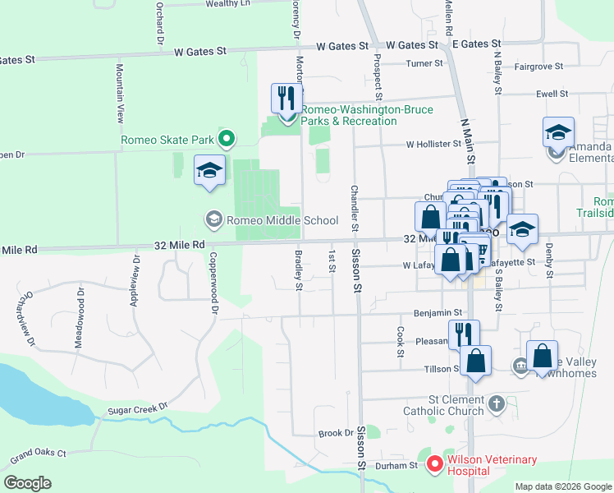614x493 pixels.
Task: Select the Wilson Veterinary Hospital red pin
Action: pos(433,466)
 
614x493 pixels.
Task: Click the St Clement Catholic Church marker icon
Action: pos(496,403)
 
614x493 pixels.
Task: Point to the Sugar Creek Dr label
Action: pos(137,408)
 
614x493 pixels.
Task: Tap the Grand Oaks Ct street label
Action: pos(38,453)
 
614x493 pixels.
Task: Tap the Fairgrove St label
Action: pos(538,66)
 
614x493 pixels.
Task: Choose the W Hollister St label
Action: pos(433,144)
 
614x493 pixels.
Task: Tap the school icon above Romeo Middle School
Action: pos(209,170)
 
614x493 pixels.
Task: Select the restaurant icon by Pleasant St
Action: pos(464,333)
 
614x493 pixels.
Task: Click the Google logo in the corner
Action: pos(28,482)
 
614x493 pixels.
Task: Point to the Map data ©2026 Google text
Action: pos(562,486)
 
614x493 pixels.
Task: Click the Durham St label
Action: pos(397,465)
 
